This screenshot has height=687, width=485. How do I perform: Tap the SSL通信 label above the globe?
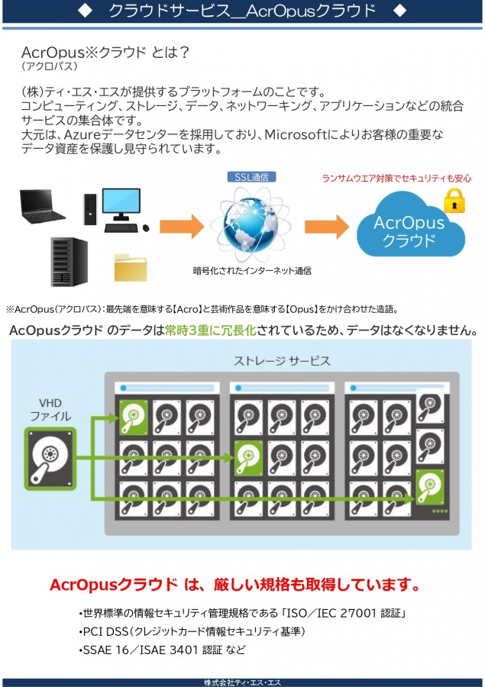(x=251, y=177)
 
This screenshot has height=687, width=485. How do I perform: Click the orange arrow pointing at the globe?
(x=182, y=227)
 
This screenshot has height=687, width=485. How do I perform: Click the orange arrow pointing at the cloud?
(x=327, y=227)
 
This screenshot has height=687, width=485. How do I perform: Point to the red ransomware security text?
(x=396, y=179)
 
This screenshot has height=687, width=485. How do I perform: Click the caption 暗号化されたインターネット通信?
(x=251, y=270)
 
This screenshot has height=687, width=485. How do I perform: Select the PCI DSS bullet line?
(x=192, y=631)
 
